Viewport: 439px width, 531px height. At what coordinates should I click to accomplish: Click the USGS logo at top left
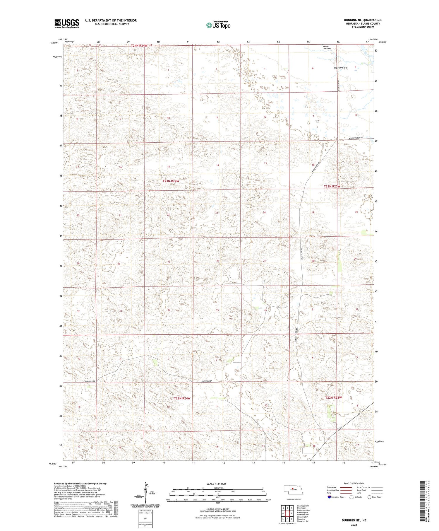point(67,23)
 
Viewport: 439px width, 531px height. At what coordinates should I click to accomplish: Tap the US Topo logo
point(218,25)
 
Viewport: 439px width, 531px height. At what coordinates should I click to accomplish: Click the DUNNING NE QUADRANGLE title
point(363,20)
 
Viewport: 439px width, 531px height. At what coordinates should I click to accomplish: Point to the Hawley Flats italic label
point(341,68)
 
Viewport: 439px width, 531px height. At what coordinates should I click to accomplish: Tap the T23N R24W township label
point(171,181)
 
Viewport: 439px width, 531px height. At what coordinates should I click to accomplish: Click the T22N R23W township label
point(333,397)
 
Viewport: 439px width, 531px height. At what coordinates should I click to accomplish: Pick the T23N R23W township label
point(332,186)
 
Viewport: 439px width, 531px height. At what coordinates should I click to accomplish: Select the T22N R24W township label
point(182,398)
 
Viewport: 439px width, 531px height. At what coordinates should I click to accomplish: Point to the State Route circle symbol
point(369,497)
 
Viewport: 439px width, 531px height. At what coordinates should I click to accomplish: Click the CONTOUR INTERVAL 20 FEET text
point(218,509)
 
